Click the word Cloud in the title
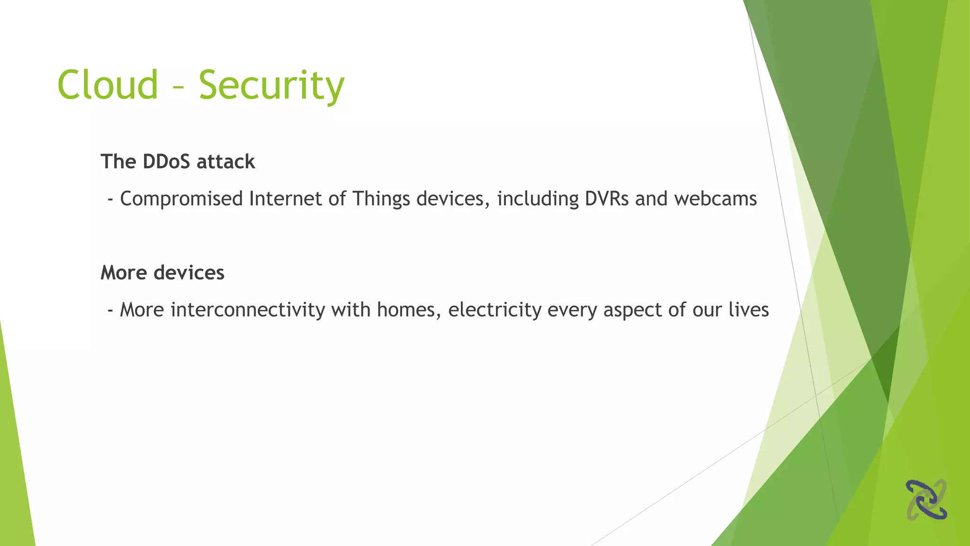point(108,85)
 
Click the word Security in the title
point(271,86)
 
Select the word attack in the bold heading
point(226,162)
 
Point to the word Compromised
point(181,199)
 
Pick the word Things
point(381,199)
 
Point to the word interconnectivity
point(248,309)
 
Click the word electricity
point(495,310)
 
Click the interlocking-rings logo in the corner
point(926,500)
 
